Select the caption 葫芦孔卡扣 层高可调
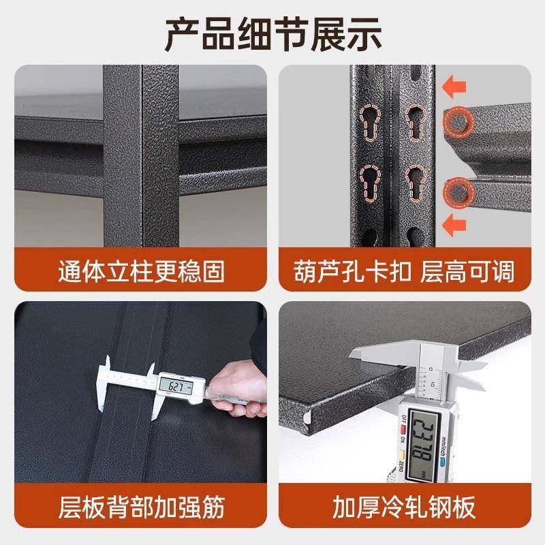coord(405,272)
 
